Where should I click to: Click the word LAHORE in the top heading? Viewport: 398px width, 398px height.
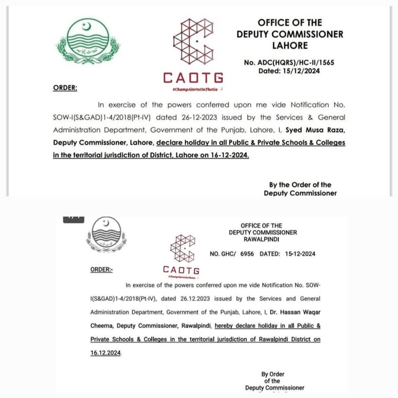290,45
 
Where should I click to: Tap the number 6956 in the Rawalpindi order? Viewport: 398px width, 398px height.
247,254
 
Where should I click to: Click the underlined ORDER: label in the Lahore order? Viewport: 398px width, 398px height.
65,87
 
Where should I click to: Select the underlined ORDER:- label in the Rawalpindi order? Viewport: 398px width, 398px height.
102,269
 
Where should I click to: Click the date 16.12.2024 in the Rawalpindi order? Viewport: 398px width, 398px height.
106,353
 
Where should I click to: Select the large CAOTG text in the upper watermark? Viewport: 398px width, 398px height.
193,77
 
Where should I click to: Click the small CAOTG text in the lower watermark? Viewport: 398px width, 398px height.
181,269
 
